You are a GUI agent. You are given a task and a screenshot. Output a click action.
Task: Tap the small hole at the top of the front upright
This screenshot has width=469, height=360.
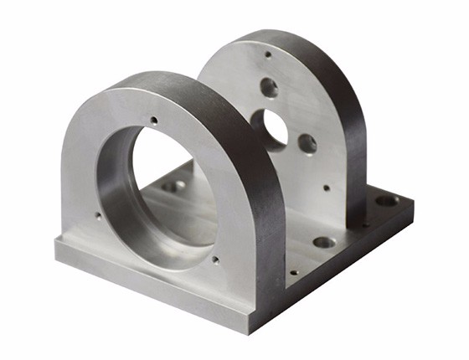click(x=153, y=121)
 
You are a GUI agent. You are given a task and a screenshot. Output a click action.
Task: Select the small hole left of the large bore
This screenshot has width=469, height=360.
click(x=98, y=215)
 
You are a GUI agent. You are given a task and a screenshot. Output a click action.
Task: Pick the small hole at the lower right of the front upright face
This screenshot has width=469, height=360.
click(x=215, y=260)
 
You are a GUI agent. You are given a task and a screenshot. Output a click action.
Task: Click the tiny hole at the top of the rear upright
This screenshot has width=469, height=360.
click(x=268, y=54)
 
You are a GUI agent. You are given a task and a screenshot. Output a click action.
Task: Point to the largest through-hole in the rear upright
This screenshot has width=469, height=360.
click(x=276, y=126)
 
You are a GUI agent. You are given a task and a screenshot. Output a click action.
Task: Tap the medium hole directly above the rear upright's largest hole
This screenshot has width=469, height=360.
click(x=269, y=86)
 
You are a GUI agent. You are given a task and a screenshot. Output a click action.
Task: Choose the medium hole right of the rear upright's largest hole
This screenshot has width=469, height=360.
click(x=307, y=143)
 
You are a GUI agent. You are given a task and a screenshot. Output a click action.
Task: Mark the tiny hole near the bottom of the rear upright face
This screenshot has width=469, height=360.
click(x=327, y=188)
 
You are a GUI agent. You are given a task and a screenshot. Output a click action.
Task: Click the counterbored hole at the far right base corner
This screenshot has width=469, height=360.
click(x=387, y=201)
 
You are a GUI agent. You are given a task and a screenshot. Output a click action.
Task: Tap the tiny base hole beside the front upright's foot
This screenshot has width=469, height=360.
click(x=293, y=271)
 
